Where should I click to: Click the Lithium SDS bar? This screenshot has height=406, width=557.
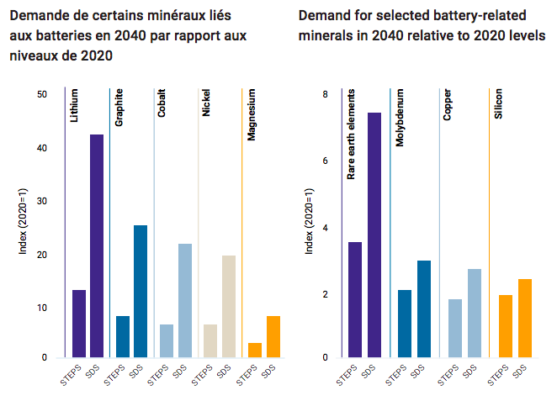(x=97, y=245)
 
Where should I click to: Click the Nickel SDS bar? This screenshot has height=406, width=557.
(x=228, y=306)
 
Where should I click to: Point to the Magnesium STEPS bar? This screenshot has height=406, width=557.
(x=254, y=350)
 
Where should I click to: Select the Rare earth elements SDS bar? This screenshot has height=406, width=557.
(x=374, y=235)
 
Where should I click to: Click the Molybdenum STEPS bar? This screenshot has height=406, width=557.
(x=405, y=324)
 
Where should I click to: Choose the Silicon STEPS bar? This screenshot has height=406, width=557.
(x=505, y=326)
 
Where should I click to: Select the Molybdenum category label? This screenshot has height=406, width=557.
(x=401, y=119)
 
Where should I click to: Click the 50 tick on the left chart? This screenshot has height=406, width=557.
(x=42, y=94)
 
